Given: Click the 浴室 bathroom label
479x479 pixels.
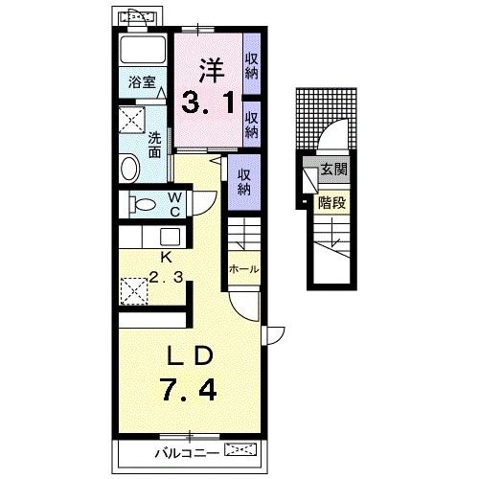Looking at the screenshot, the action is click(x=142, y=82).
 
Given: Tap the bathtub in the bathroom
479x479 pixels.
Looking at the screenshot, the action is click(x=143, y=51).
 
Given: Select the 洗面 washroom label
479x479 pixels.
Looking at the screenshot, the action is click(x=155, y=146).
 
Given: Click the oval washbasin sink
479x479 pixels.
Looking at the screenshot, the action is click(x=130, y=168).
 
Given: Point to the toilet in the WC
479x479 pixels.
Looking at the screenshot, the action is click(x=143, y=204).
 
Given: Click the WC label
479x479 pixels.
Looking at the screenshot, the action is click(x=175, y=205).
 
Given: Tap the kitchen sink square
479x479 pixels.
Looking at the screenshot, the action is click(x=170, y=237).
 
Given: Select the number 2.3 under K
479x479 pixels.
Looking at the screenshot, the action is click(x=166, y=278).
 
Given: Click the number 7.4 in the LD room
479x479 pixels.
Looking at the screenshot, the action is click(x=189, y=388).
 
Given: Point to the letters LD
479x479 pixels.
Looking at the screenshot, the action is click(x=191, y=356).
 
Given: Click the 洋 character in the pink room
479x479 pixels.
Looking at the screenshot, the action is click(x=212, y=71).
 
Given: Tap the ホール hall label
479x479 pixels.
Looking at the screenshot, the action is click(x=244, y=269).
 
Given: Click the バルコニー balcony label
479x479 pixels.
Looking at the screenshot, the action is click(x=187, y=453).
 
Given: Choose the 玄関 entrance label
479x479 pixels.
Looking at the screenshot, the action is click(x=333, y=170).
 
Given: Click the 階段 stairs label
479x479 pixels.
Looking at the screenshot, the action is click(x=332, y=203).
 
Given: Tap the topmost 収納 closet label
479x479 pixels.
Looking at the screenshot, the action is click(x=252, y=66).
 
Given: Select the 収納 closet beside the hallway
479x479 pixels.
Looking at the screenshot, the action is click(x=244, y=182).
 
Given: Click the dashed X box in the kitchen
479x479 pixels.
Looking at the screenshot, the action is click(x=134, y=291).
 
